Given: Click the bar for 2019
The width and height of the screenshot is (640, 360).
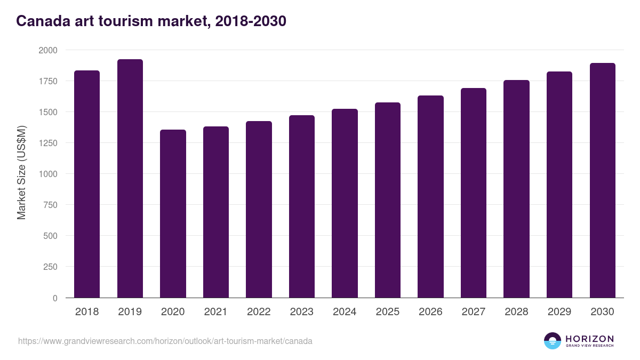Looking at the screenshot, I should pos(130,179).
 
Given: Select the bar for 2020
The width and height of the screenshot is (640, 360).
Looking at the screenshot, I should pos(173,213).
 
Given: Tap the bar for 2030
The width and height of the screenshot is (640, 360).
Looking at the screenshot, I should pos(603,180).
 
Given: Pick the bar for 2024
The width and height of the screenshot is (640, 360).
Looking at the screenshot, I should pos(345,203).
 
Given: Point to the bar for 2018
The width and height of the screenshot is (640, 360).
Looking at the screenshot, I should pos(87,184).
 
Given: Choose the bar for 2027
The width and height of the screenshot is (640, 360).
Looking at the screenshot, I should pos(474,193).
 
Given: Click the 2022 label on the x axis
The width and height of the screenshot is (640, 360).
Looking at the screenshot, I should pos(259,312).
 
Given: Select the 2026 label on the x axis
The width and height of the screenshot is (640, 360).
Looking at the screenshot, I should pos(430,312).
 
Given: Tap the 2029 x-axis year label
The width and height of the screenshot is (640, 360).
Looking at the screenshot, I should pos(559,312).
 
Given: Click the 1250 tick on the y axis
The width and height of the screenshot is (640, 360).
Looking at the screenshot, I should pos(47,143).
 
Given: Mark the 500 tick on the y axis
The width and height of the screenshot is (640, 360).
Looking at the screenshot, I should pos(50,236).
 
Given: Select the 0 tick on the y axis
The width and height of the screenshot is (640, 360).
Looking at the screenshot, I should pos(55,298).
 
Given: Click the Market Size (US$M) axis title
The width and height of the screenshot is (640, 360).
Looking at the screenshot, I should pos(21,173).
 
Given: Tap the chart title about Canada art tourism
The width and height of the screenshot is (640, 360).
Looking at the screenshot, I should pos(151,21).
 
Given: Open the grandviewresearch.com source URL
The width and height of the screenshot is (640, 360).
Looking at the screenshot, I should pos(165,341).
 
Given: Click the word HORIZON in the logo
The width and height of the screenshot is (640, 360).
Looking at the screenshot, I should pos(589,339).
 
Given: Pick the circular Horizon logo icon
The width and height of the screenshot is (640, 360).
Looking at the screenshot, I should pos(553,341).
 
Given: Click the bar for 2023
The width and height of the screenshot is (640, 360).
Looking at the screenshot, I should pos(302,206).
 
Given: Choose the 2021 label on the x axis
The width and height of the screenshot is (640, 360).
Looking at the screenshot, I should pos(216,312).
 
